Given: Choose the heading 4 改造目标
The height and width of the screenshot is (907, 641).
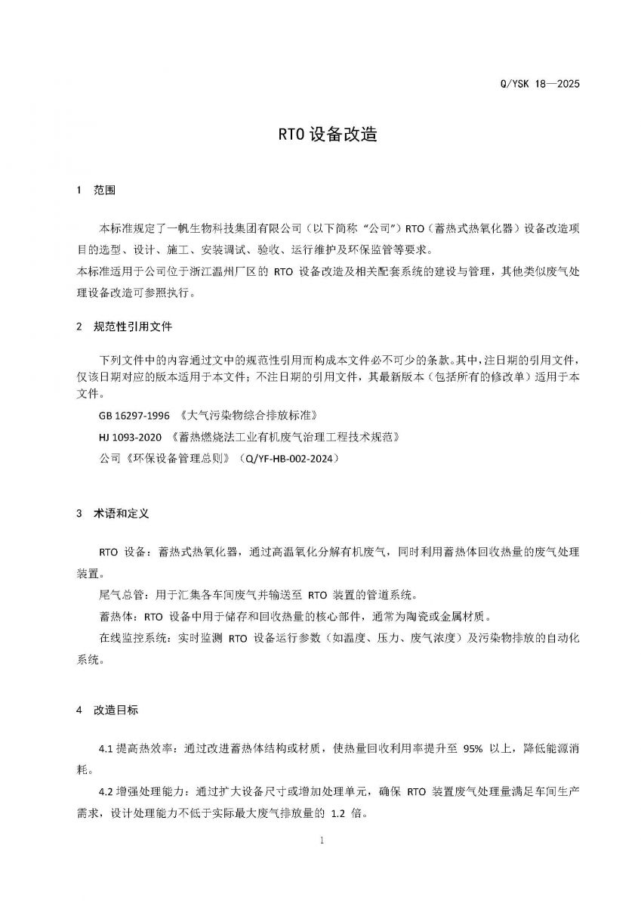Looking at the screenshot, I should [x=108, y=710].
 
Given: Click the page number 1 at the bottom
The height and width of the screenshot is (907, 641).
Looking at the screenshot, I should [x=322, y=841].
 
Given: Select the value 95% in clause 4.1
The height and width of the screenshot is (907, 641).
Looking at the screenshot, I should [x=473, y=748].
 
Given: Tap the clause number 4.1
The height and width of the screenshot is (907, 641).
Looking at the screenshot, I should [x=106, y=748].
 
